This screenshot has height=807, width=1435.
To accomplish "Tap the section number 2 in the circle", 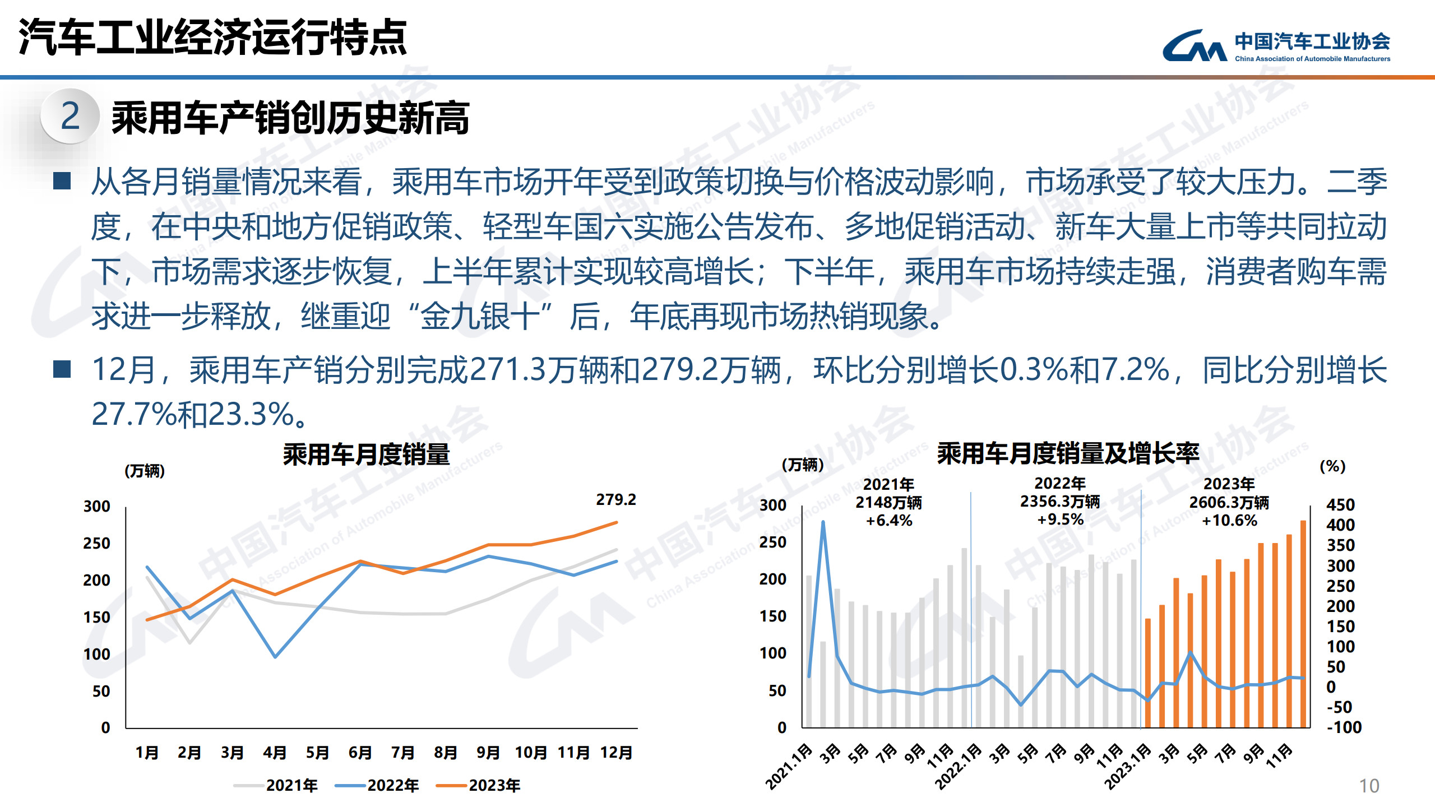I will [71, 116].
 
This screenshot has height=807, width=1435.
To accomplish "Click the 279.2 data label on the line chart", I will [615, 499].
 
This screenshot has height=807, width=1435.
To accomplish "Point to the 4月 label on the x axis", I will [275, 752].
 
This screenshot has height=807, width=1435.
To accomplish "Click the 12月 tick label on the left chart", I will [616, 752].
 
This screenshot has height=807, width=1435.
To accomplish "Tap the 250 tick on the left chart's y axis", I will [97, 543].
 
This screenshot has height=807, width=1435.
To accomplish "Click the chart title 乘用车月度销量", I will [366, 454].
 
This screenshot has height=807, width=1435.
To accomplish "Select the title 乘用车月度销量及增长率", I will [1068, 453].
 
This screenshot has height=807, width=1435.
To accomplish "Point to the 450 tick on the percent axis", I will [1340, 505].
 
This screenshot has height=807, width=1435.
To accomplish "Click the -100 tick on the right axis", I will [1344, 727].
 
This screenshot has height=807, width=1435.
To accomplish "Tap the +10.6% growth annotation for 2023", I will [1229, 521].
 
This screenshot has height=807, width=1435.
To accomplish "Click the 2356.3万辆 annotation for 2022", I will [1059, 502].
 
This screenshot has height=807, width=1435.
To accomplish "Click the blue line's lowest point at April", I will [275, 656].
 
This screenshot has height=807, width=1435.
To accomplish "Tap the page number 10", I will [1369, 786].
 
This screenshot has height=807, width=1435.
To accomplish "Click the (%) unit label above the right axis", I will [1332, 466].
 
